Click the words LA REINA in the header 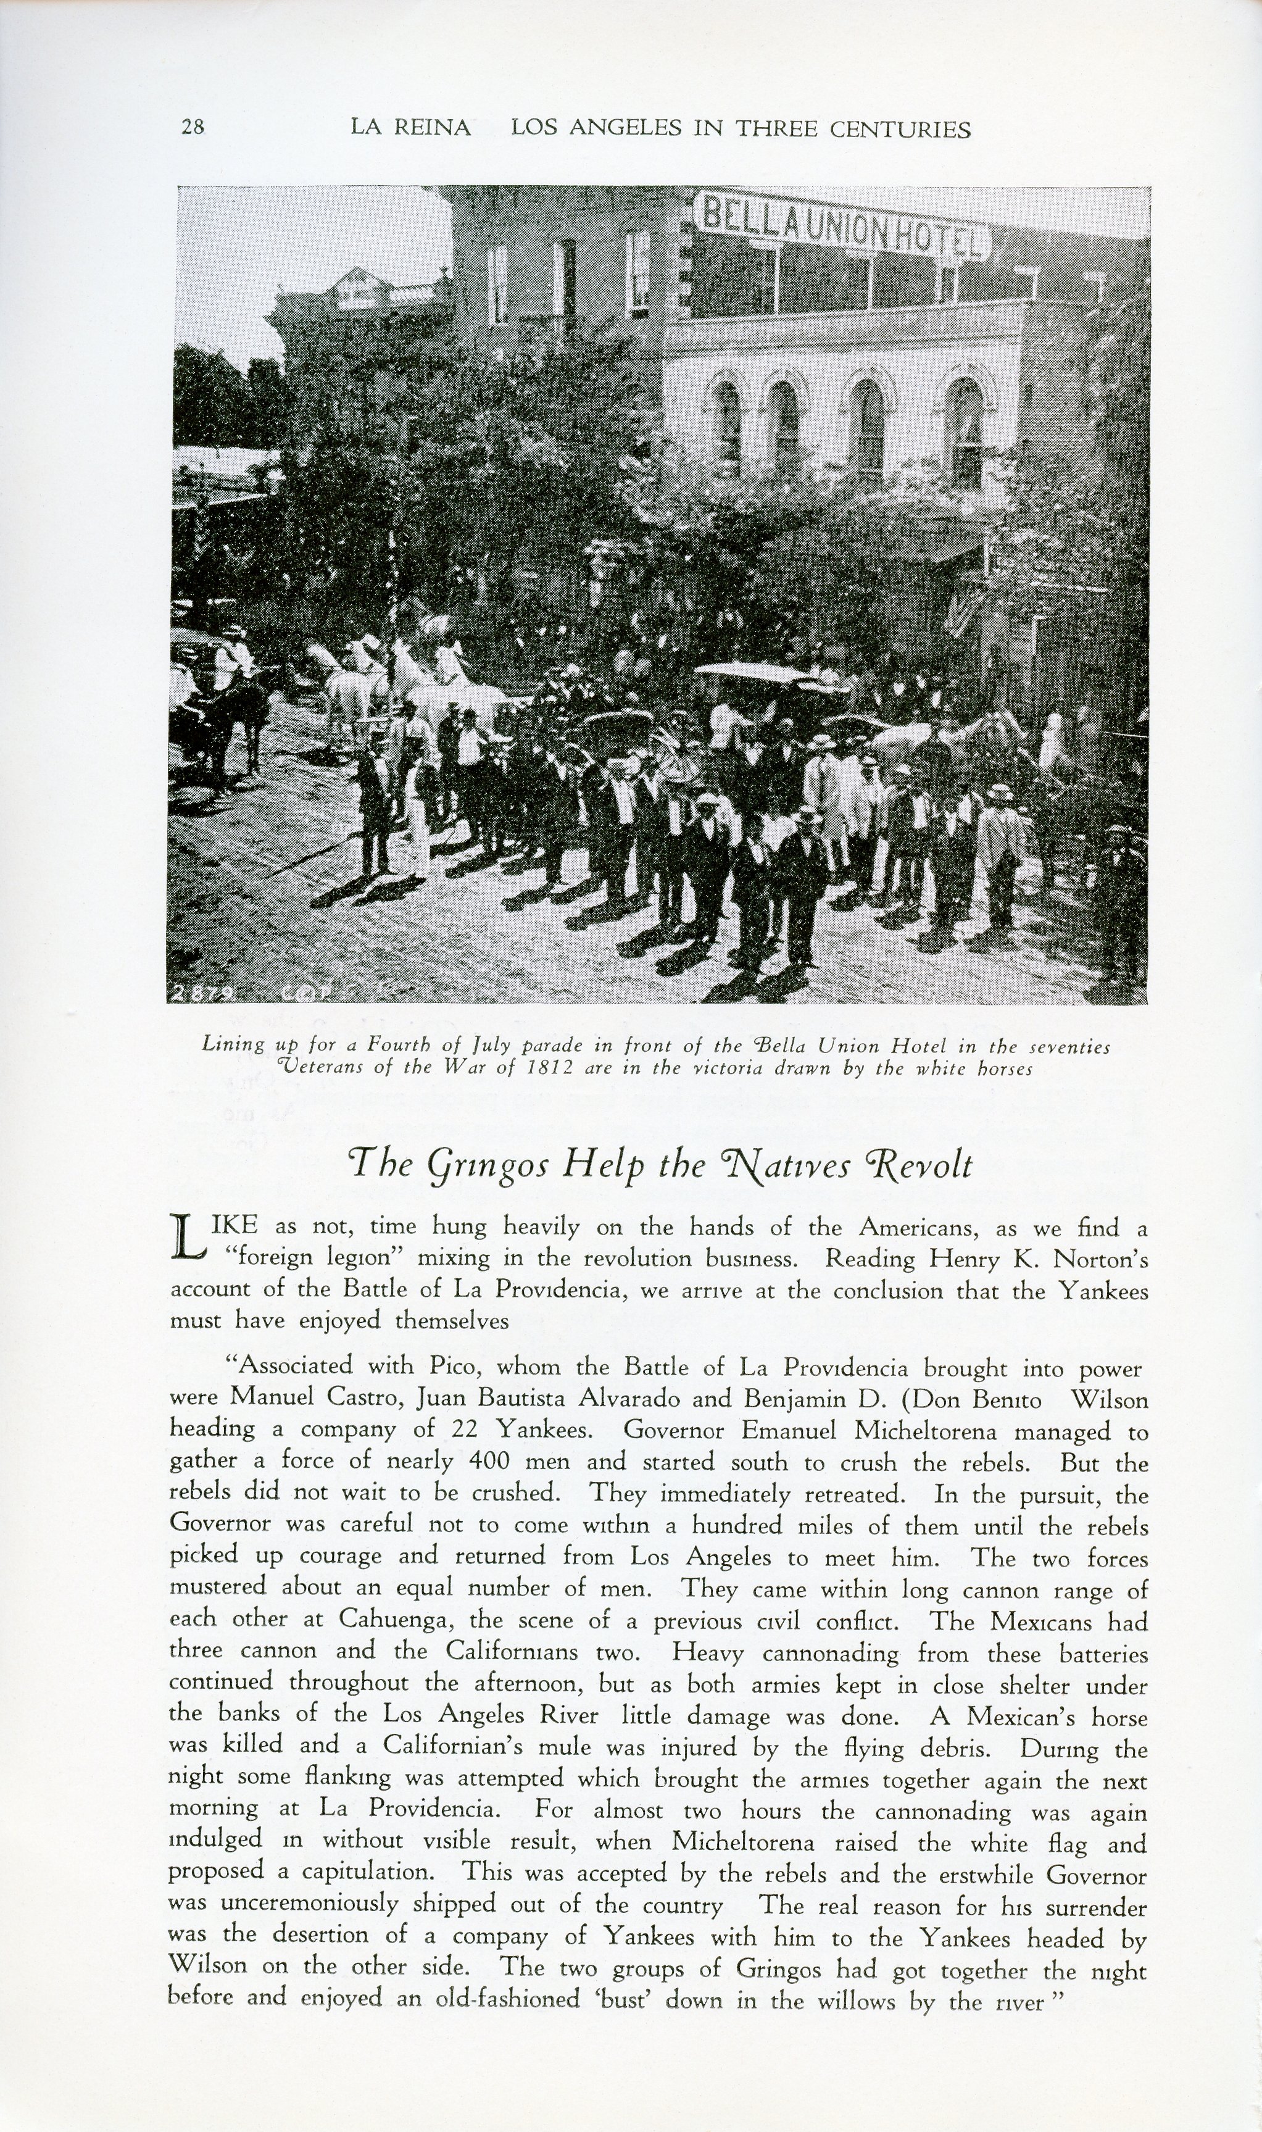pos(411,128)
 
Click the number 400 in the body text pos(489,1461)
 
